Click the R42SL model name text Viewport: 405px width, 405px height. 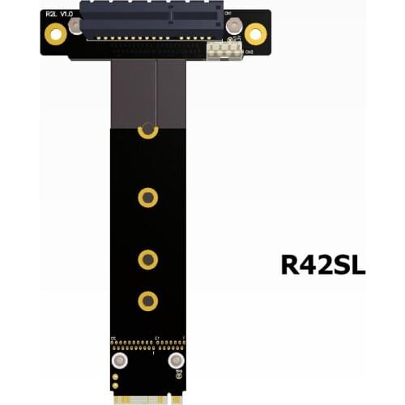[322, 265]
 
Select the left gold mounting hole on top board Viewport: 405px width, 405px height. [55, 34]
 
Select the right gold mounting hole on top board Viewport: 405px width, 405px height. [255, 34]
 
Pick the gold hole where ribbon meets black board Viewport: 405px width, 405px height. [147, 129]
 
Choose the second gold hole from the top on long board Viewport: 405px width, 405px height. [147, 197]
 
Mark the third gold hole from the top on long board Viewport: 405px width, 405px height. [147, 259]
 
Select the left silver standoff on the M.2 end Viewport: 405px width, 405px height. [120, 362]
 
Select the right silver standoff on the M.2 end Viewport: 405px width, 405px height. [175, 362]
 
